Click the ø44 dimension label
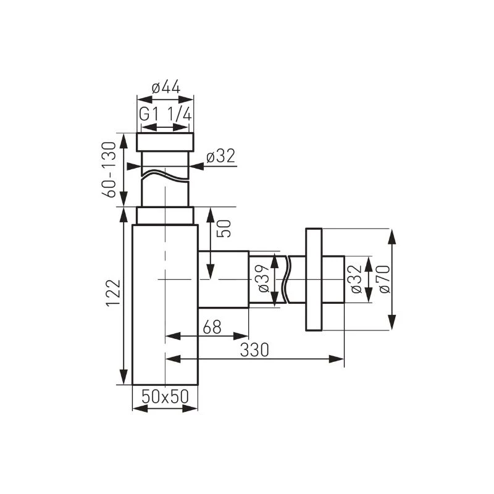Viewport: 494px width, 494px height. pos(166,87)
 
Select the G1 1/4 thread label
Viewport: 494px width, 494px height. pos(165,114)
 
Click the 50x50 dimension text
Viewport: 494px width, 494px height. pos(165,396)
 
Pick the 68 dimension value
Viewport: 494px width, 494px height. pos(212,327)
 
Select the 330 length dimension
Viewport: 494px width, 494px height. pos(254,350)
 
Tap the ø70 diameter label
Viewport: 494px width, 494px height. pos(384,279)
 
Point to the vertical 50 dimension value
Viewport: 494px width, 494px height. pos(224,228)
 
